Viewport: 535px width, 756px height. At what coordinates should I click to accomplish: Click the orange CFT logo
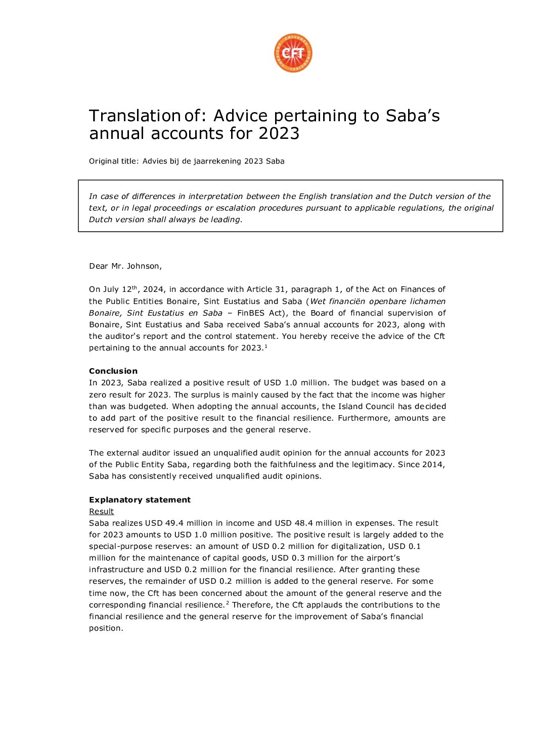click(293, 53)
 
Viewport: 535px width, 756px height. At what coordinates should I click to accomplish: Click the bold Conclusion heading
click(113, 371)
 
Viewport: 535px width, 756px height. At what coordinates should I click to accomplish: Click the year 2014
click(433, 465)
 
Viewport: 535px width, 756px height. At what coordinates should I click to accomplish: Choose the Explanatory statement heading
click(140, 500)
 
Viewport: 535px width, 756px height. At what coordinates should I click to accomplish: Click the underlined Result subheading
click(101, 512)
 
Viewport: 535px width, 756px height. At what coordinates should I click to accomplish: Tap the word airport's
click(383, 558)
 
